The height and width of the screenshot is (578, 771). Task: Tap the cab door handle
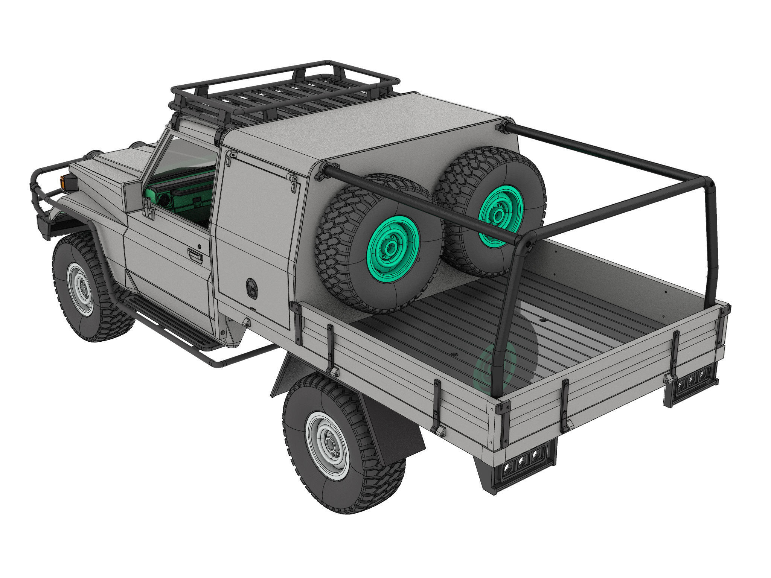tap(195, 256)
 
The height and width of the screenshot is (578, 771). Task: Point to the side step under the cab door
tap(169, 322)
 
